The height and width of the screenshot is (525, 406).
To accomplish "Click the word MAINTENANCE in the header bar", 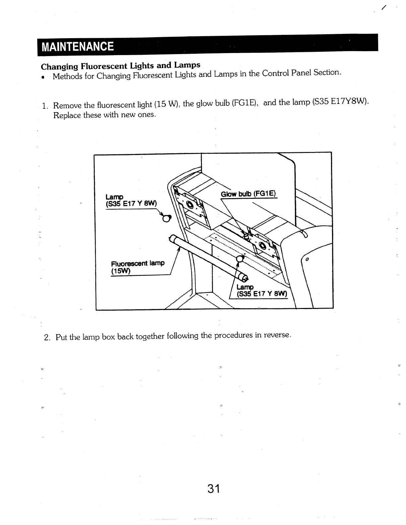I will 77,46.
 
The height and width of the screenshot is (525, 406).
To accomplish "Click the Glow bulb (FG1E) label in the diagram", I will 248,194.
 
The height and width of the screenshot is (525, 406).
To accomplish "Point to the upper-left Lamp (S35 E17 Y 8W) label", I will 130,200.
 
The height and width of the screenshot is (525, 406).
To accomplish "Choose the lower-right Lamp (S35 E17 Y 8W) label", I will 261,291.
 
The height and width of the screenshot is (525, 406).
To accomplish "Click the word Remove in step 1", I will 67,106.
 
